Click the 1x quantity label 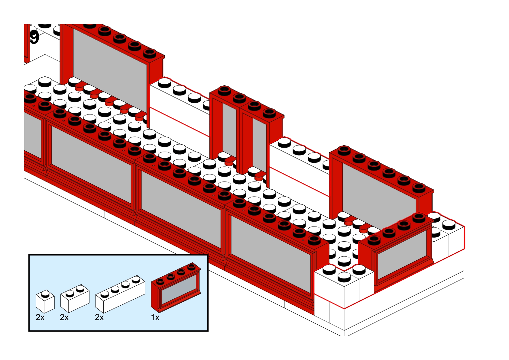[x=155, y=317]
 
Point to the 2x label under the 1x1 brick [x=40, y=317]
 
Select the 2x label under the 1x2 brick [x=64, y=317]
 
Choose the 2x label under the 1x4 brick [x=99, y=317]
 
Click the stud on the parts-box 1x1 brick [x=45, y=293]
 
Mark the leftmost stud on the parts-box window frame [x=160, y=281]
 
